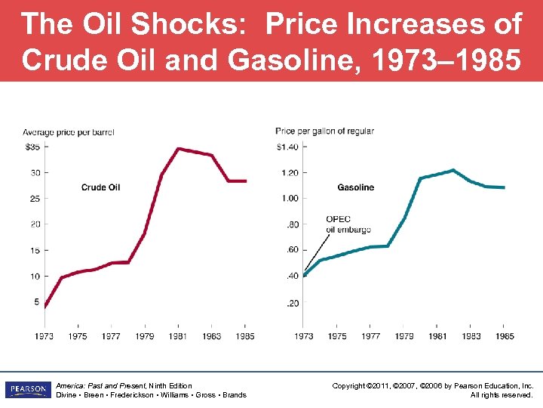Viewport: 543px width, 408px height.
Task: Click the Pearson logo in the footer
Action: [27, 390]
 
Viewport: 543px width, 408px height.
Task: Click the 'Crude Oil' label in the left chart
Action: [100, 187]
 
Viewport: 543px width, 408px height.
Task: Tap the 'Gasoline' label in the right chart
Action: [355, 187]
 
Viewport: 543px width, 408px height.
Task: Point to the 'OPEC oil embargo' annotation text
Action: [339, 224]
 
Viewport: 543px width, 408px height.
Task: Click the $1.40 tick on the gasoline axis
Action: [287, 146]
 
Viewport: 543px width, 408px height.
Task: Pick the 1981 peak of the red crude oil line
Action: [178, 149]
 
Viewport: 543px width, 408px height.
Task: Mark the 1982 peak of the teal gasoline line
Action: [452, 170]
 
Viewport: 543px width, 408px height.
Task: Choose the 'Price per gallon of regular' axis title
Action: [324, 131]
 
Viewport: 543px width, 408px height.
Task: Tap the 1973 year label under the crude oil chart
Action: [44, 335]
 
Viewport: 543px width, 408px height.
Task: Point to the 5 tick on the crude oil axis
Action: [35, 302]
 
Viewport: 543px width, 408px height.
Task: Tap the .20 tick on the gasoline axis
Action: [292, 303]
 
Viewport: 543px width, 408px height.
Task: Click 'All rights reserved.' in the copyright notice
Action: [502, 394]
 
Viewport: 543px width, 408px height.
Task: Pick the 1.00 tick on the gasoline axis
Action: [289, 198]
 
